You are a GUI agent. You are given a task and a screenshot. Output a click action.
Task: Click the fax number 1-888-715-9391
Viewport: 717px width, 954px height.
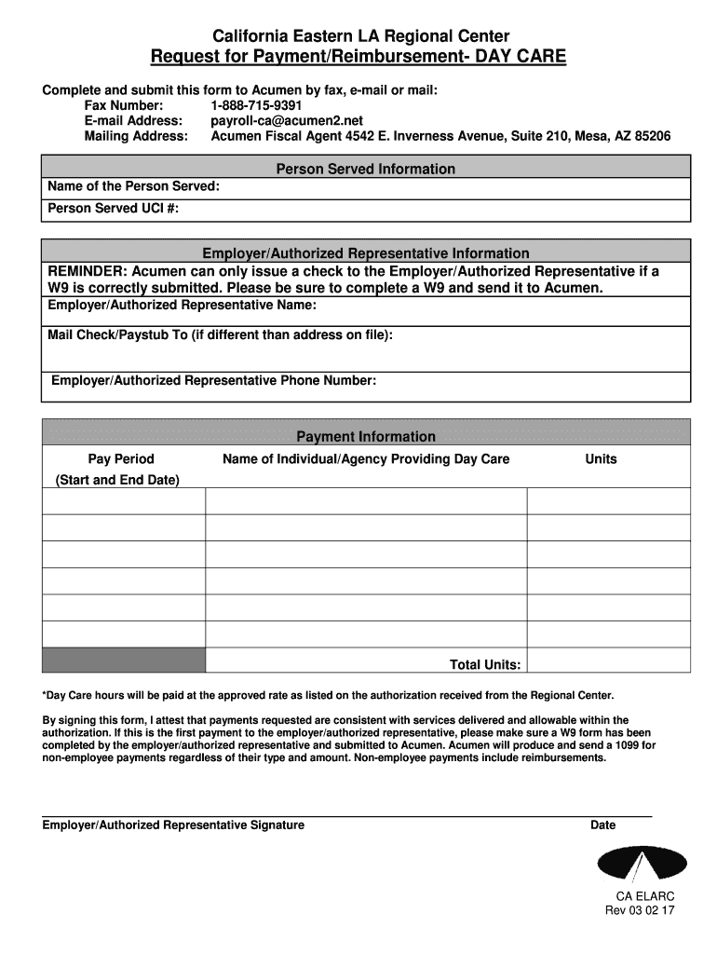pos(256,105)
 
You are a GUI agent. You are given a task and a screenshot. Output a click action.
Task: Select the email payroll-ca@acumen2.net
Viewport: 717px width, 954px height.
pos(287,120)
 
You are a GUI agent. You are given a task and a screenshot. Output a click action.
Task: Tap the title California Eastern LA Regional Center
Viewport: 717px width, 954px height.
pos(358,37)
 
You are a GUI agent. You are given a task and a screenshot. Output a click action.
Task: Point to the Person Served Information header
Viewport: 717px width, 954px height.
pos(366,169)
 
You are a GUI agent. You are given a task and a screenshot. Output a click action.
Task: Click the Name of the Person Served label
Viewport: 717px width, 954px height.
pos(134,186)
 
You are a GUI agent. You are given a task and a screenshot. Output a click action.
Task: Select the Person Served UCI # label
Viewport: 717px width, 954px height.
pos(113,209)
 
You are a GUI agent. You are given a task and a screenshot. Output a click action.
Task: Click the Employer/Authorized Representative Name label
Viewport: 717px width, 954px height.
pos(182,305)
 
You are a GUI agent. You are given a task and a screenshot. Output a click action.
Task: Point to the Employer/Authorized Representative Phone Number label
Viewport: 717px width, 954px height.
pos(213,380)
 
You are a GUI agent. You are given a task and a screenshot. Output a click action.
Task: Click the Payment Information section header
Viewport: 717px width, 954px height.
pos(366,436)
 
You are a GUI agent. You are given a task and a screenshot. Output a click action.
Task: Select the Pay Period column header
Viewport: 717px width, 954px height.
pos(121,458)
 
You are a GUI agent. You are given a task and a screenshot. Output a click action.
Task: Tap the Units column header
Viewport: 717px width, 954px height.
pos(601,458)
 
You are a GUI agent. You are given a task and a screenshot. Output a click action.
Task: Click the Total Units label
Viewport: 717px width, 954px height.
pos(485,664)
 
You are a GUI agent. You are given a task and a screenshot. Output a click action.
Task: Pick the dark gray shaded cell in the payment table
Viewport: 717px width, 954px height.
pos(123,660)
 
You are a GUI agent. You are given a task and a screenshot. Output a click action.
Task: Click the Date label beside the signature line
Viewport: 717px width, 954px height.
pos(602,825)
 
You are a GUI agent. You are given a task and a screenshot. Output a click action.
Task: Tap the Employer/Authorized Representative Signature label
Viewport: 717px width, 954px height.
pos(174,825)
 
